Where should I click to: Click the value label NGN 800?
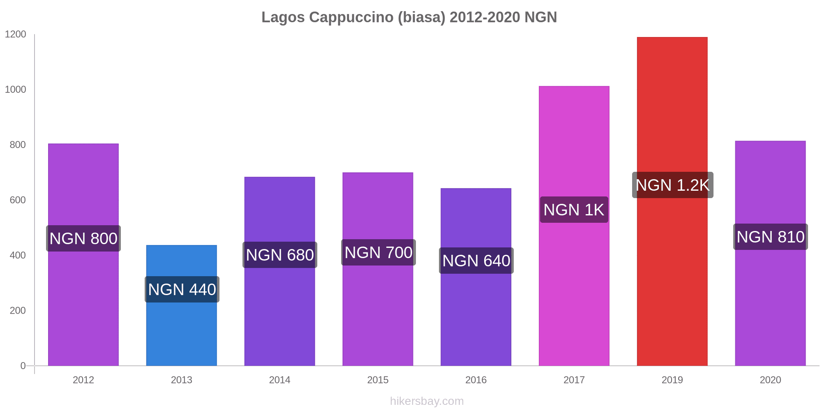83,238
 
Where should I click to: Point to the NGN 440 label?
182,289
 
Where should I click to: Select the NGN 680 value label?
280,255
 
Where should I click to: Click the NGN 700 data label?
379,252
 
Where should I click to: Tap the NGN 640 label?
476,261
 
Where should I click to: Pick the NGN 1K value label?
574,210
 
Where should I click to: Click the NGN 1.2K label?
672,185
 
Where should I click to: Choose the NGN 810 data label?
771,237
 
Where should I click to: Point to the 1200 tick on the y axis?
15,34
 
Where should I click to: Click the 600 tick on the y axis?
18,200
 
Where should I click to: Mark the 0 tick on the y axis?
23,365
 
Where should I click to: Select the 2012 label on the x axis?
83,380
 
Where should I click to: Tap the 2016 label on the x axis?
476,380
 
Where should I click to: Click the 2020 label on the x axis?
770,380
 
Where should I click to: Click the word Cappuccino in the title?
351,17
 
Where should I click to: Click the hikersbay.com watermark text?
427,401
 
